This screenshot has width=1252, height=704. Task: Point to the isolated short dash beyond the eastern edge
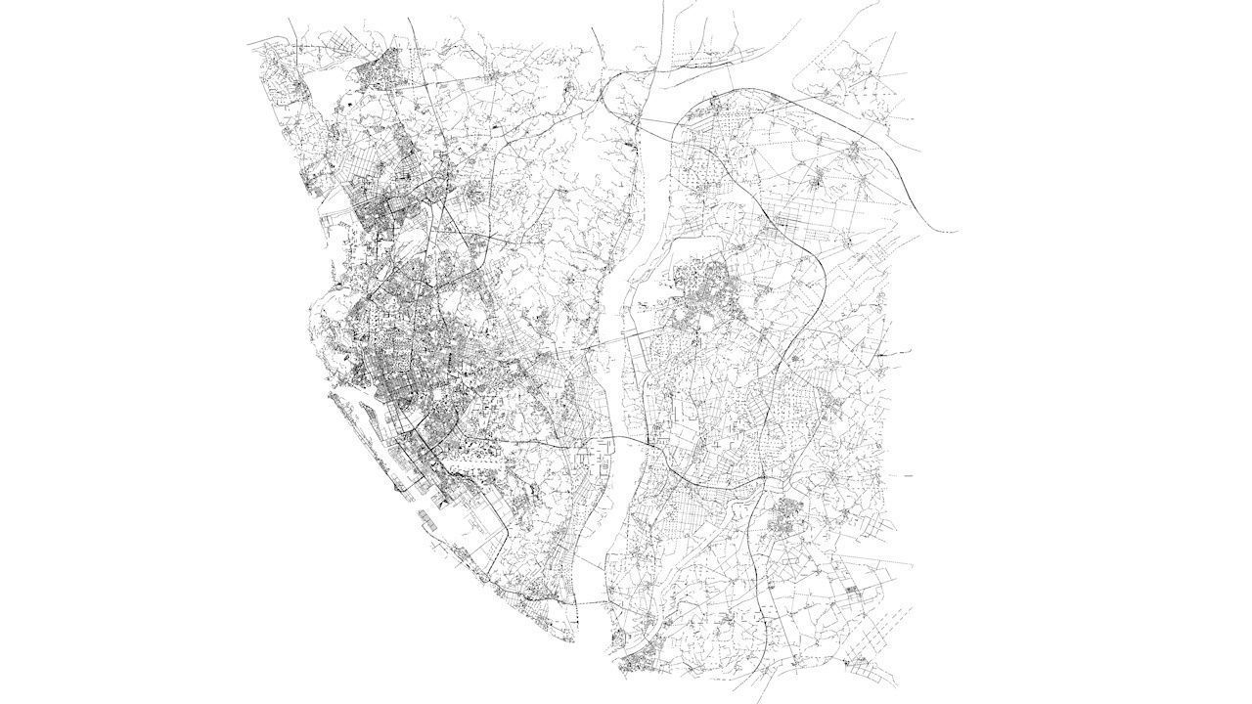click(908, 476)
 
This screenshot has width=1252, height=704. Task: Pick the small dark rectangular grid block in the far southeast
click(850, 591)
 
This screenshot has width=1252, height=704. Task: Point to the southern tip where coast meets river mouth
click(573, 641)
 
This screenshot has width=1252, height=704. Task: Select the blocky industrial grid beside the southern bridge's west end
click(593, 454)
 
